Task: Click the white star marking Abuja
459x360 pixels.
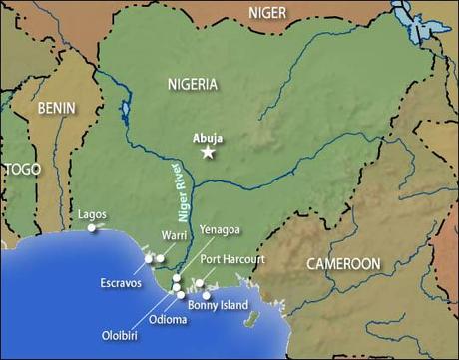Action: pos(208,152)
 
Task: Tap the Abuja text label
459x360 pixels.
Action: pos(207,134)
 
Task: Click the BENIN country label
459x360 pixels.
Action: pos(57,106)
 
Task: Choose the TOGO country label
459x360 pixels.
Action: pos(20,170)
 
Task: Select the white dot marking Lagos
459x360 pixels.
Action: pos(91,229)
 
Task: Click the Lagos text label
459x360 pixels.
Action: pos(93,214)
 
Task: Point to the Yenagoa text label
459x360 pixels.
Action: pos(220,229)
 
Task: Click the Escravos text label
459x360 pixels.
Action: pos(121,283)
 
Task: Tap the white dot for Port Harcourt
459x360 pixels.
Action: pos(199,283)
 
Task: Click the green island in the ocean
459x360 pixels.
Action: pos(254,319)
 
